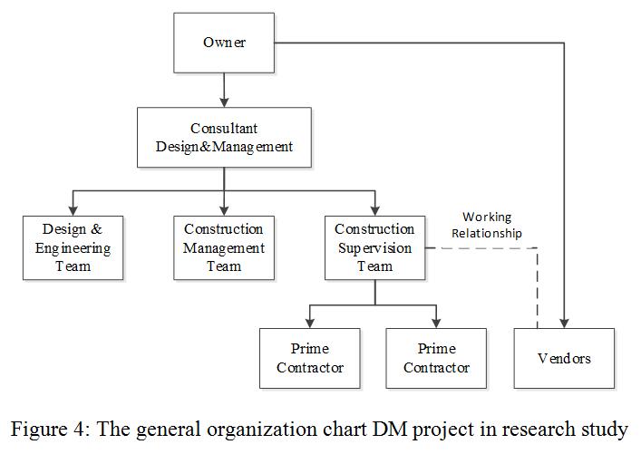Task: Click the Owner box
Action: (x=224, y=43)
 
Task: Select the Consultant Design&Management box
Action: (x=224, y=138)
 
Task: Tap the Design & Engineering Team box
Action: (x=73, y=247)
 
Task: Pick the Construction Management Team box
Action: (x=224, y=247)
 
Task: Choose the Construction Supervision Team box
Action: (x=374, y=247)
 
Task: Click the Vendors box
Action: (x=564, y=358)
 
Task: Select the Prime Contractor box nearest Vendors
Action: (x=436, y=358)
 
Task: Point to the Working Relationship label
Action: (x=492, y=225)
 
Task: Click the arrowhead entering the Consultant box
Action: (x=224, y=102)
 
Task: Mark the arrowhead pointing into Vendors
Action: (x=564, y=323)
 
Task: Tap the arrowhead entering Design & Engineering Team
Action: (x=73, y=210)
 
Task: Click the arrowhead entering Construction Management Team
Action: (x=224, y=210)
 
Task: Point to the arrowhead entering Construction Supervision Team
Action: (x=374, y=210)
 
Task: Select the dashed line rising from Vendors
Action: (x=538, y=290)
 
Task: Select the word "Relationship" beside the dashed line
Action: (x=492, y=233)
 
